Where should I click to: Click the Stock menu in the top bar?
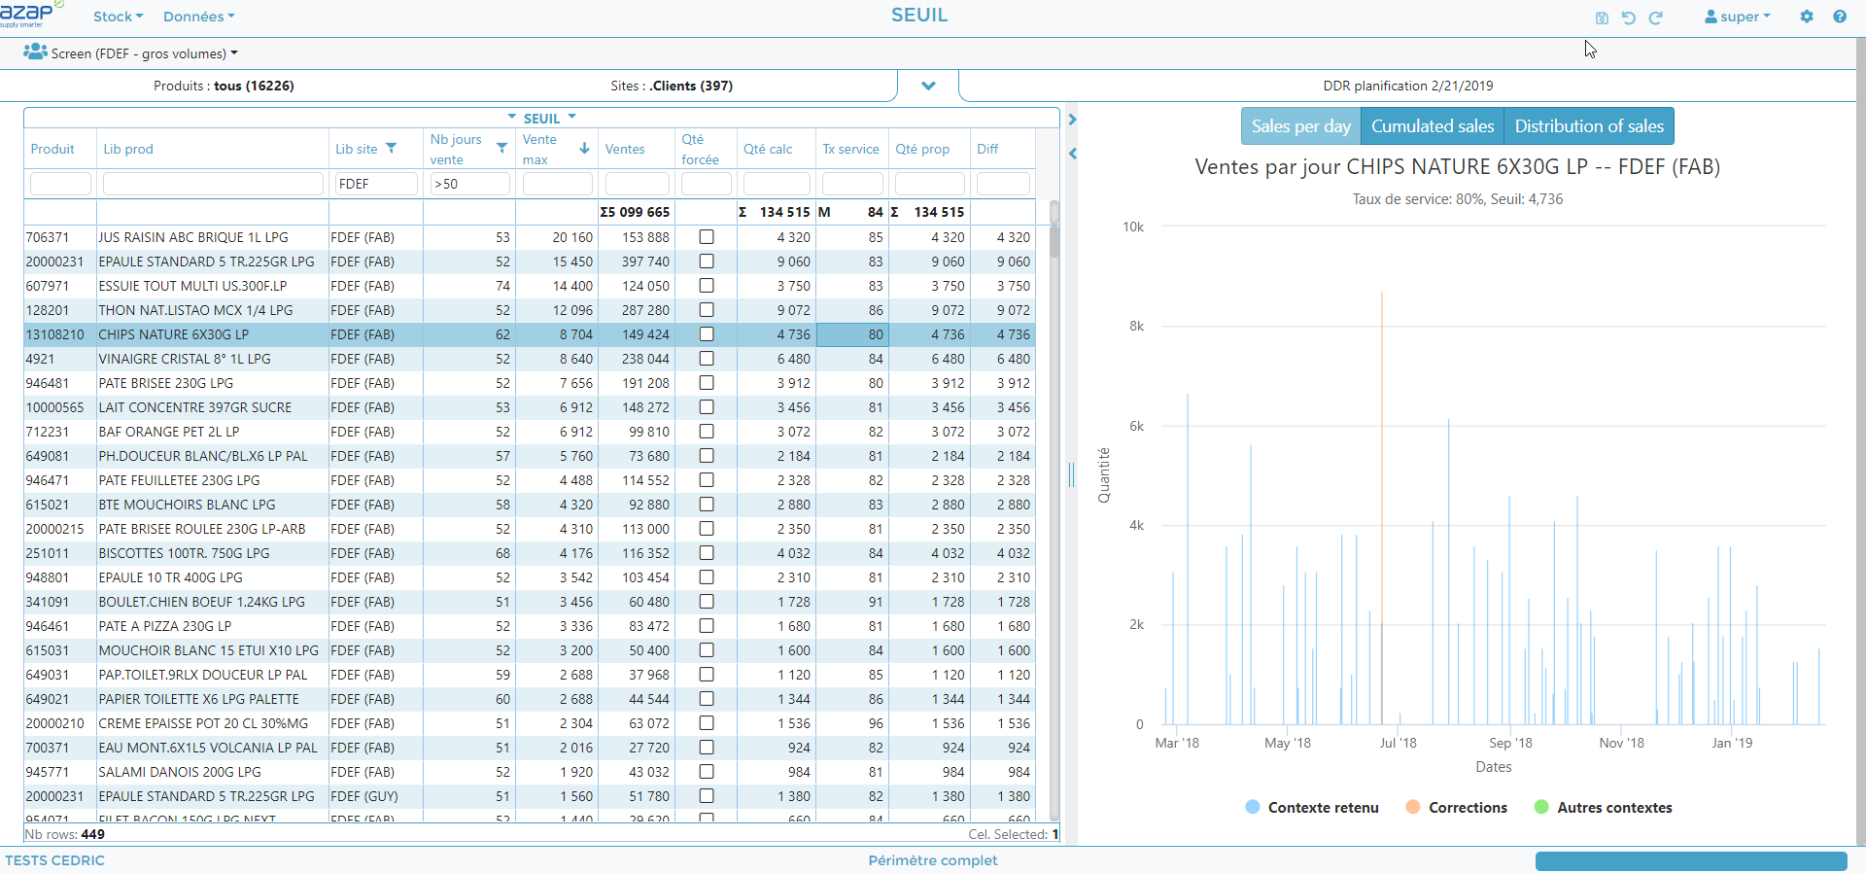click(x=118, y=17)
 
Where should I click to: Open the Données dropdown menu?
click(x=198, y=17)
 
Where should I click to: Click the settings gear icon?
click(x=1807, y=17)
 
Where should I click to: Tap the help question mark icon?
click(x=1840, y=17)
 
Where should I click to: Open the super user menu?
click(x=1738, y=17)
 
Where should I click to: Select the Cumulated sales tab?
click(x=1433, y=126)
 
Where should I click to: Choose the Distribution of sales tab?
click(x=1589, y=126)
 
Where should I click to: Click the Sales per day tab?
click(x=1300, y=126)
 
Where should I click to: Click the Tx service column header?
click(x=850, y=149)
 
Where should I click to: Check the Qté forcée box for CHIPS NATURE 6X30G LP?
click(x=707, y=334)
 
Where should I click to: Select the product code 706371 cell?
click(x=48, y=237)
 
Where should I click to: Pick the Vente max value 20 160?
click(x=572, y=237)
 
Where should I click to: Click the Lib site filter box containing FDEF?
click(x=376, y=184)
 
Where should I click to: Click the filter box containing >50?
click(x=469, y=184)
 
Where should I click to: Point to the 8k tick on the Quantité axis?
click(x=1136, y=327)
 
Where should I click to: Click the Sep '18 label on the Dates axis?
click(x=1510, y=743)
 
